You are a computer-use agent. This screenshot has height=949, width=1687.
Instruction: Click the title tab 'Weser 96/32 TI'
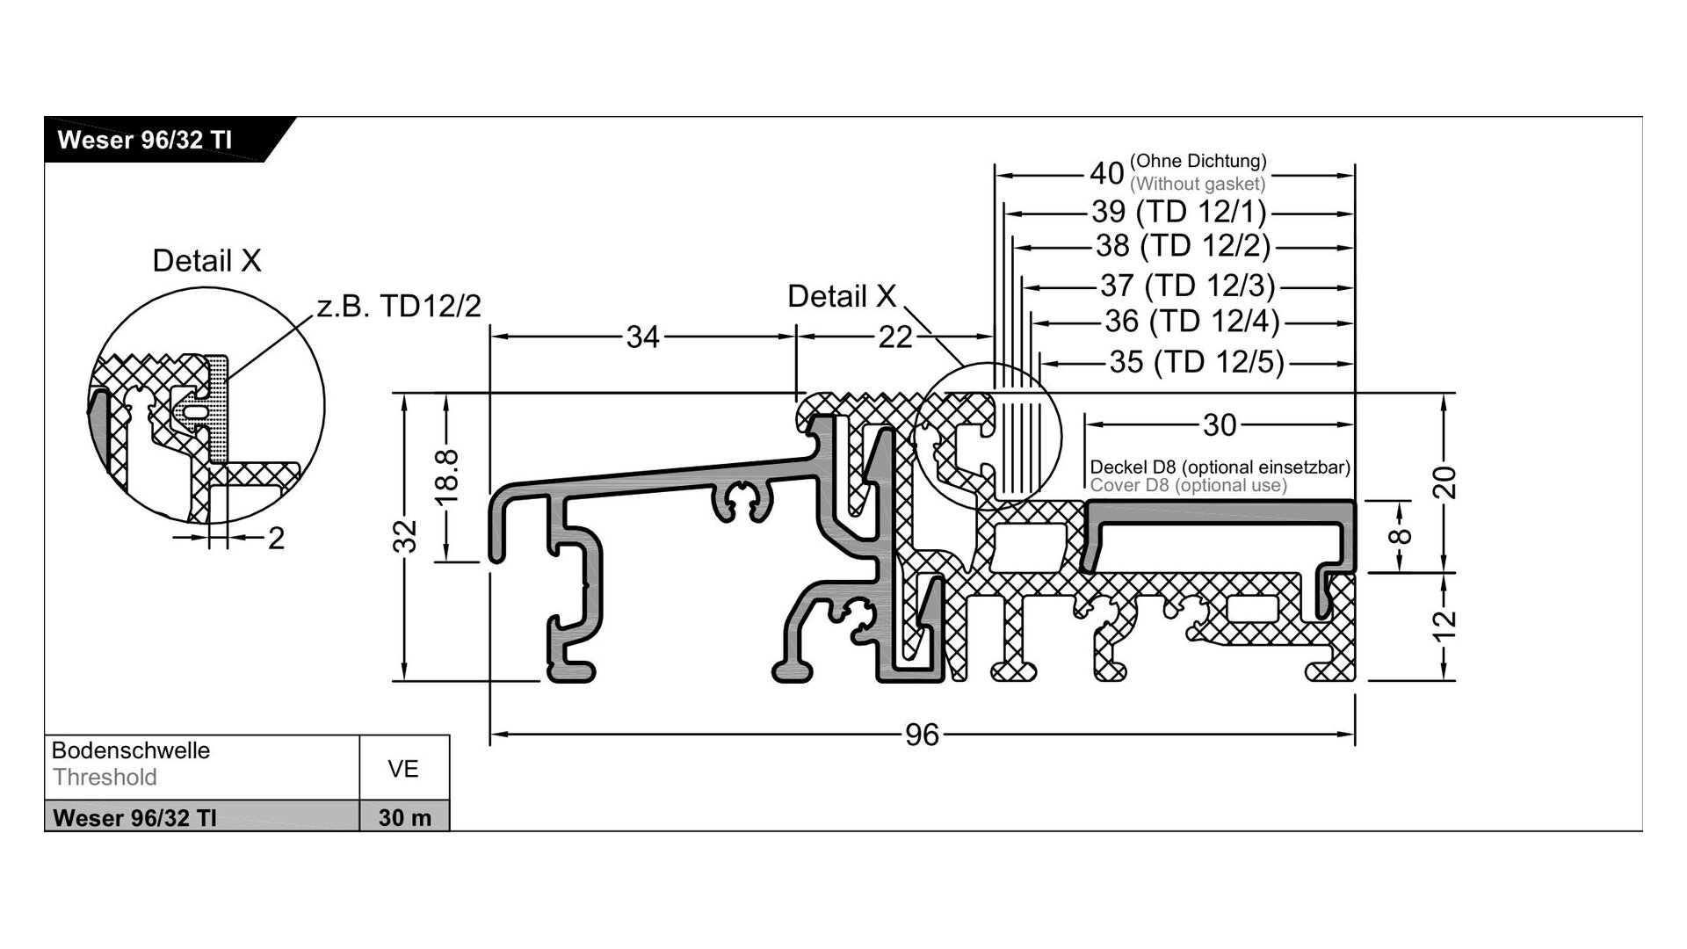pos(145,141)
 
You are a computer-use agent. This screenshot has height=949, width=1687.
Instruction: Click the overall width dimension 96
pos(922,734)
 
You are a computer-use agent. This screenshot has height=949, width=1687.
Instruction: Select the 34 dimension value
pos(642,337)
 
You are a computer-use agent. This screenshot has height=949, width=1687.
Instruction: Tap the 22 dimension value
pos(894,337)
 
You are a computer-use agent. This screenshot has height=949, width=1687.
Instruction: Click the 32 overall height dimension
pos(405,536)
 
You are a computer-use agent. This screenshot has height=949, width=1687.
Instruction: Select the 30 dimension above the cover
pos(1220,425)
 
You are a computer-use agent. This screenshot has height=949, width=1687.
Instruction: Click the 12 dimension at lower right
pos(1444,626)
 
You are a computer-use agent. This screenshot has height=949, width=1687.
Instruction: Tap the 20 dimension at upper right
pos(1444,482)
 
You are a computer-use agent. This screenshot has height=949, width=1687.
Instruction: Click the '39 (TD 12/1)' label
pos(1178,212)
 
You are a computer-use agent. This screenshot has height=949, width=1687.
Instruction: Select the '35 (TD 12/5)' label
pos(1196,362)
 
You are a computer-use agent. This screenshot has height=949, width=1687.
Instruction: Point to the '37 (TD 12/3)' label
pos(1187,286)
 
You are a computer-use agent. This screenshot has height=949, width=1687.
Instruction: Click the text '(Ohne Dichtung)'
pos(1198,161)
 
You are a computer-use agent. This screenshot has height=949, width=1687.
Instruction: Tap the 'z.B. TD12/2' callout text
pos(398,306)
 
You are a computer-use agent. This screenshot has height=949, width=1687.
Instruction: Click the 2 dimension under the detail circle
pos(276,539)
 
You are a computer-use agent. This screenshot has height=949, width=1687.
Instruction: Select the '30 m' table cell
pos(404,817)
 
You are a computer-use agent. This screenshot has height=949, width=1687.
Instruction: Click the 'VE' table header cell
pos(403,769)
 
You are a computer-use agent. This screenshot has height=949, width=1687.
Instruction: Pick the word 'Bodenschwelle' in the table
pos(131,750)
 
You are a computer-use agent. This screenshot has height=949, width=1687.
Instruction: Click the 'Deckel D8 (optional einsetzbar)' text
pos(1220,467)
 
